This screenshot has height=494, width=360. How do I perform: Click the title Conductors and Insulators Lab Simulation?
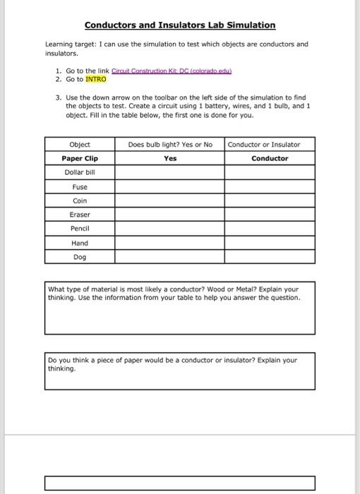pyautogui.click(x=180, y=25)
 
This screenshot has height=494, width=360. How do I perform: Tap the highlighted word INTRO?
pyautogui.click(x=95, y=79)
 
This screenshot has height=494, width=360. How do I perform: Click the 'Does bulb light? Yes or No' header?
pyautogui.click(x=170, y=144)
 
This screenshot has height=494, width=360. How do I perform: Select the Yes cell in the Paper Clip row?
pyautogui.click(x=170, y=158)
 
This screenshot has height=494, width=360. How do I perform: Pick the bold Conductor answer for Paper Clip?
pyautogui.click(x=270, y=158)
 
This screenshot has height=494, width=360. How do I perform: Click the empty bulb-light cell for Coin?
pyautogui.click(x=170, y=200)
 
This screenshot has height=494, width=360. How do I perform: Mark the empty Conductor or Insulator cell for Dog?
pyautogui.click(x=270, y=257)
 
